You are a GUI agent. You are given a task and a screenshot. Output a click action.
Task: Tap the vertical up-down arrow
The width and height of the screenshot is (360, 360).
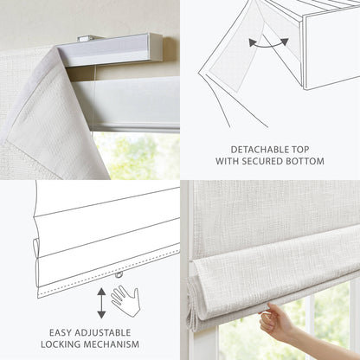[101, 301]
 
